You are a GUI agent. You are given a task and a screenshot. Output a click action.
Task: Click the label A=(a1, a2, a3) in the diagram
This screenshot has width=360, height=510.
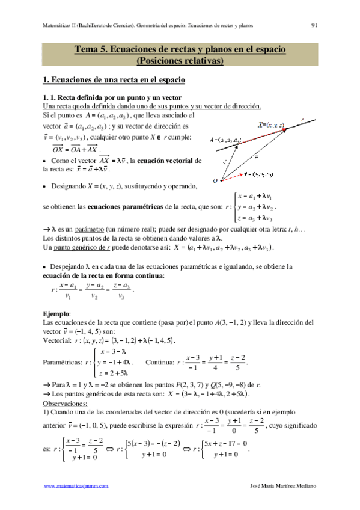coord(226,140)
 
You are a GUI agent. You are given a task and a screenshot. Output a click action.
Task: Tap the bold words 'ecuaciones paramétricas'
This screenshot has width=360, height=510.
coord(121,206)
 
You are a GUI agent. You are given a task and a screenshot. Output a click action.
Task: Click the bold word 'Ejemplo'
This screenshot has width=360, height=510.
coord(56,314)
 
